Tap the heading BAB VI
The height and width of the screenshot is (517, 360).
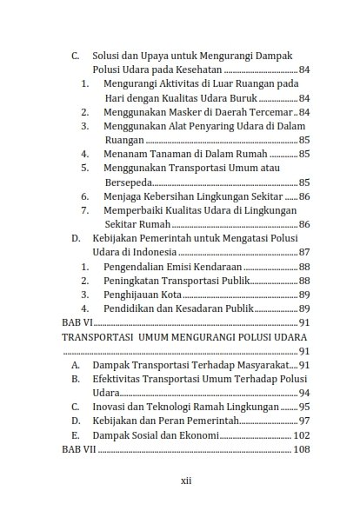(x=77, y=322)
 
